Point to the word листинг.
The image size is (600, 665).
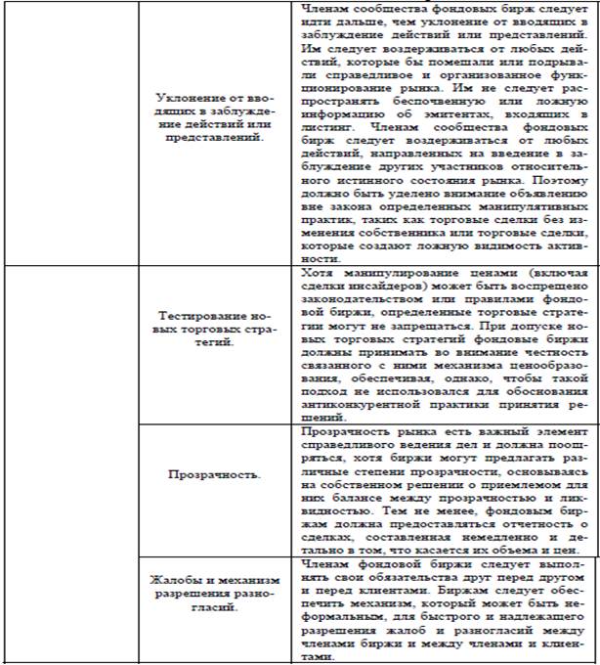click(322, 125)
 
